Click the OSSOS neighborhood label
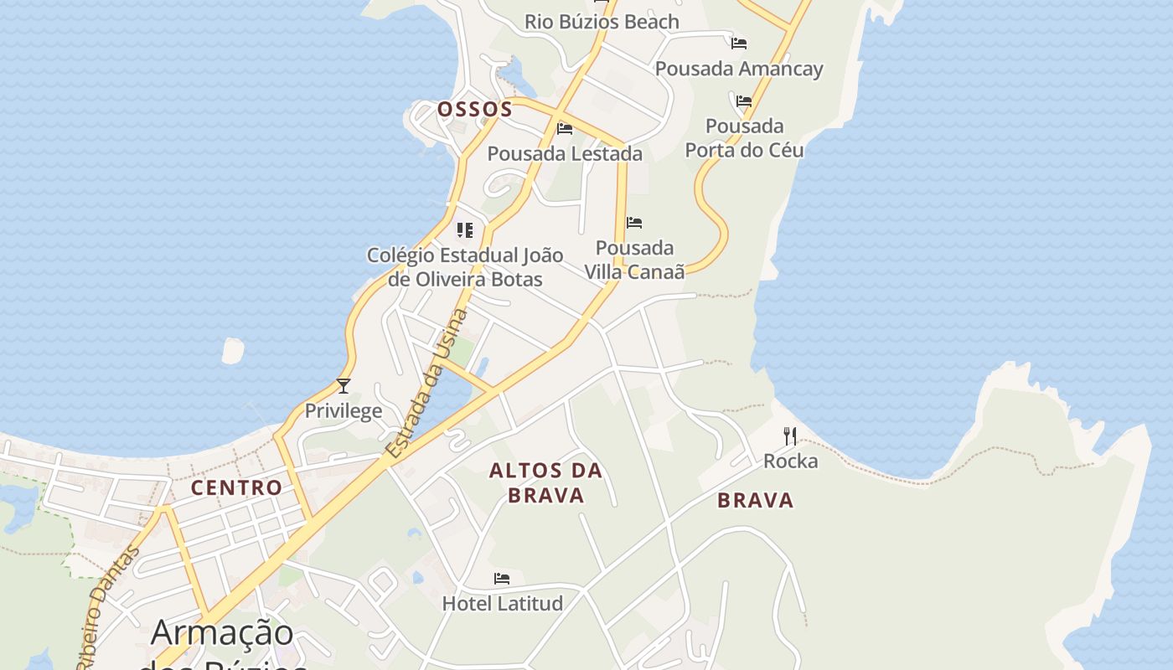[474, 110]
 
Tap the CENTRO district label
[236, 487]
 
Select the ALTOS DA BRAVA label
[546, 482]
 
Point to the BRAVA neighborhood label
[755, 501]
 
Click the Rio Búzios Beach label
[602, 22]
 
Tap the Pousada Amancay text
[739, 69]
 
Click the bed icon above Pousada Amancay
[738, 43]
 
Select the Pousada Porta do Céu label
[744, 138]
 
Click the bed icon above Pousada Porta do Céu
[743, 101]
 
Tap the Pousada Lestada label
[565, 154]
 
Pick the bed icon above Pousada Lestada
[565, 129]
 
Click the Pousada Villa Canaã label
[634, 260]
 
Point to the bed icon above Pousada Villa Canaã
[634, 223]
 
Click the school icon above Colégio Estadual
[465, 230]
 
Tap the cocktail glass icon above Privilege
[344, 386]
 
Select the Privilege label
[344, 411]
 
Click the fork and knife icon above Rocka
[790, 436]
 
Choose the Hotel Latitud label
[502, 604]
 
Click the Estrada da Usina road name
[426, 384]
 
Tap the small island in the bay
[233, 350]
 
